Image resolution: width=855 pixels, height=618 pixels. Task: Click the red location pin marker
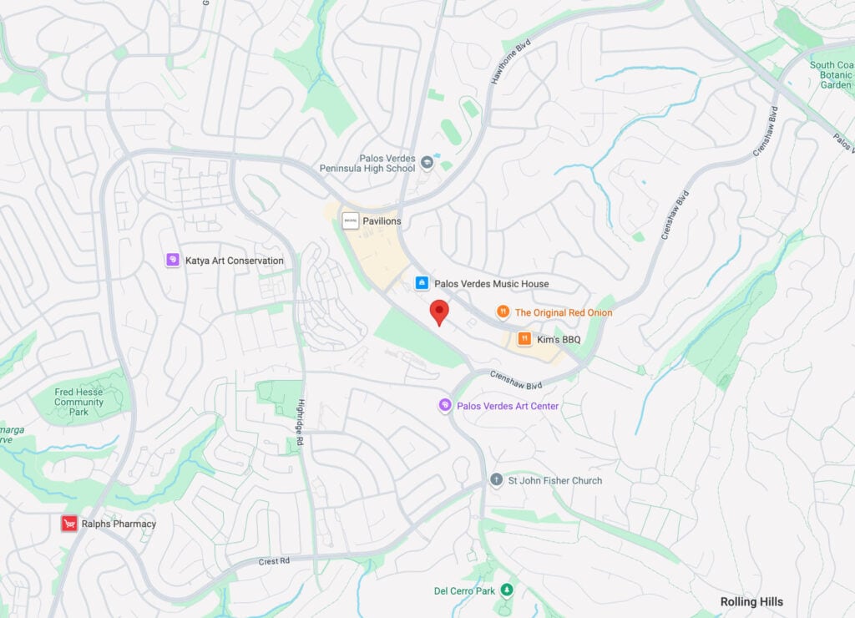[439, 312]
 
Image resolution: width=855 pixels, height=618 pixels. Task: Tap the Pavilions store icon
[351, 220]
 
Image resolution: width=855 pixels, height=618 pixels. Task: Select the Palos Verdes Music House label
[491, 284]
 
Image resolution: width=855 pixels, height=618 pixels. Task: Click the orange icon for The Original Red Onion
[503, 312]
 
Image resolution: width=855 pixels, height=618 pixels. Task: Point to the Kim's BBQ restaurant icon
[524, 339]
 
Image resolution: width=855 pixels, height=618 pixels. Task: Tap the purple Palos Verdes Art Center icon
[445, 406]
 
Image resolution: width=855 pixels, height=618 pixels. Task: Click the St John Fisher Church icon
[497, 480]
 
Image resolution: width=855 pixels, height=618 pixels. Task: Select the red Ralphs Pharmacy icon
[69, 524]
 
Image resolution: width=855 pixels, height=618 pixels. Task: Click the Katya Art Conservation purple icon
[173, 261]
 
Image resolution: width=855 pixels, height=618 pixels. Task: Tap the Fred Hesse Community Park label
[78, 402]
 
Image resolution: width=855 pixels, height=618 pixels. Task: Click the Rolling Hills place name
[751, 601]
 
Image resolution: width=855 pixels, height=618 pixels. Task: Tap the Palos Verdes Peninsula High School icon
[427, 161]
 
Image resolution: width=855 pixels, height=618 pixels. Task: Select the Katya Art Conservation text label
[234, 261]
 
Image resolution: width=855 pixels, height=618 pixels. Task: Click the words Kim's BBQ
[559, 339]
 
